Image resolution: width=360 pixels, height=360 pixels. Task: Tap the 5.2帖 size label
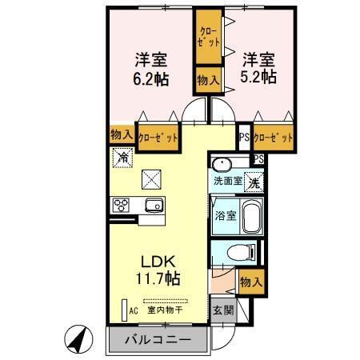[258, 78]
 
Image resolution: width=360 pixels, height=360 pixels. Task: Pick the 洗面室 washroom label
[226, 182]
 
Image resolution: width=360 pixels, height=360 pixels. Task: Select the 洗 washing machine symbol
[253, 182]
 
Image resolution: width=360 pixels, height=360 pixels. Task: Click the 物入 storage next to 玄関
[250, 281]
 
